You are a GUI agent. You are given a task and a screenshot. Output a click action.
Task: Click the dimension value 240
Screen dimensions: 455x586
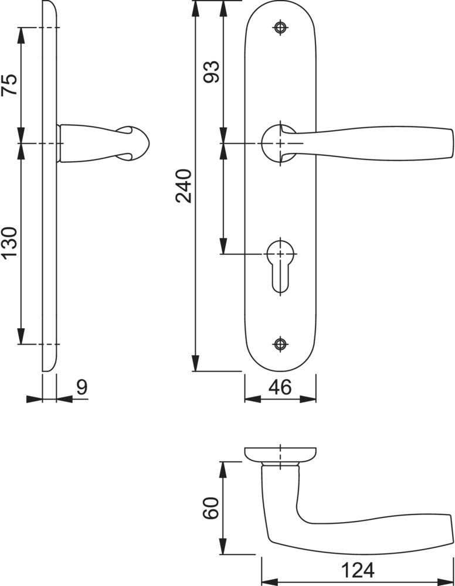[183, 186]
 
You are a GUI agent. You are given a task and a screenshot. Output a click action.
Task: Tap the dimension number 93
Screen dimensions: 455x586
[211, 71]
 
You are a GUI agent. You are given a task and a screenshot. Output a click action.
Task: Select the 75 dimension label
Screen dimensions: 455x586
[9, 84]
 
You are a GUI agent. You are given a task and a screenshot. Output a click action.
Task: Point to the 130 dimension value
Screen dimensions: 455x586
[9, 243]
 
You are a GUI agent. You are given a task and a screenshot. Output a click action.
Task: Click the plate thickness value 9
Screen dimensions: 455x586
[82, 387]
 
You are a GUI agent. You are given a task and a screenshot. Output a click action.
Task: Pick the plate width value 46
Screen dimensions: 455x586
[280, 387]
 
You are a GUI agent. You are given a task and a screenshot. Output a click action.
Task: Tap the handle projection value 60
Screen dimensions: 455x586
[210, 508]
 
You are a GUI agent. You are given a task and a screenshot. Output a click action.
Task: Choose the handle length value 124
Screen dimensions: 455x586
[358, 570]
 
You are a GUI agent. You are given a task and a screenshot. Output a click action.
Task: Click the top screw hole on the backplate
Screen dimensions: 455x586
[280, 27]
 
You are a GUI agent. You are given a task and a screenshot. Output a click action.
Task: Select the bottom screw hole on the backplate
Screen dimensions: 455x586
[280, 344]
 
